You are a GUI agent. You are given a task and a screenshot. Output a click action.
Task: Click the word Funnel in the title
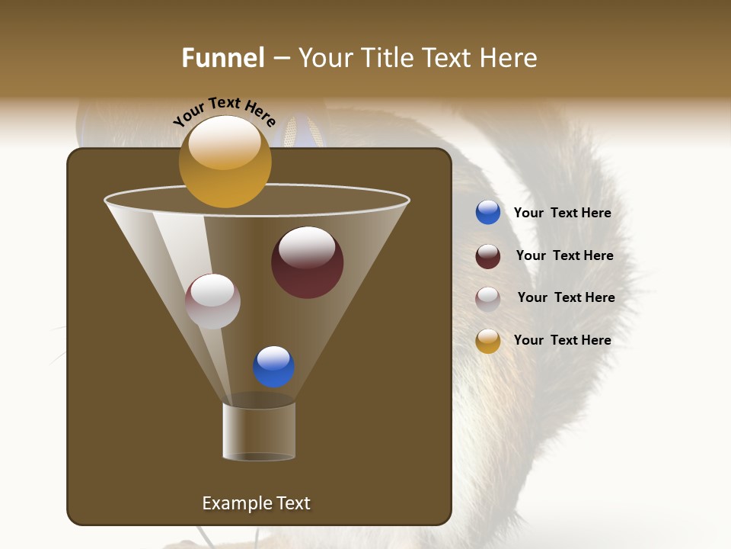[223, 58]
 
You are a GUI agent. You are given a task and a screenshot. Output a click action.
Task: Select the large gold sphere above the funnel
[225, 161]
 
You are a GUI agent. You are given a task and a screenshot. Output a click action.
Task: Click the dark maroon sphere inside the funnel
[307, 262]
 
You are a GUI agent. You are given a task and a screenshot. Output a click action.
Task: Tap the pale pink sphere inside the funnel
[212, 301]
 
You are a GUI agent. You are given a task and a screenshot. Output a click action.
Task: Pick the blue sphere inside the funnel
[273, 367]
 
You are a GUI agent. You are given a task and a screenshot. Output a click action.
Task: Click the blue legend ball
[488, 213]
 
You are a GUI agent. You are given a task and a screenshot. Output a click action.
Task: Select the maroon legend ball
[488, 256]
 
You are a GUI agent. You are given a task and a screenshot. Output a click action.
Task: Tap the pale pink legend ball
[488, 298]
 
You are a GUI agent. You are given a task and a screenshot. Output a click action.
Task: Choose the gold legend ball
[488, 341]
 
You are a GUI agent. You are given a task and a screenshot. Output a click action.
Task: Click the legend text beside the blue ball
[562, 213]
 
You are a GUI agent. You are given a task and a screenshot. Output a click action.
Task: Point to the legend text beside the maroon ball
[564, 256]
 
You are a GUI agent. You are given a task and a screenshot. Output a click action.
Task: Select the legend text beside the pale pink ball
[566, 298]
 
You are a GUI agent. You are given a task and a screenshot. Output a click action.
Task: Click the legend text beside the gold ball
[562, 341]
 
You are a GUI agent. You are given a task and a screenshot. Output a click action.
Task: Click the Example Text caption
[256, 503]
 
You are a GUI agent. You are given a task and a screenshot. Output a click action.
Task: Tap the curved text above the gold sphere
[224, 111]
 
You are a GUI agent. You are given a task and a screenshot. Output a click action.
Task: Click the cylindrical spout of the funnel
[259, 432]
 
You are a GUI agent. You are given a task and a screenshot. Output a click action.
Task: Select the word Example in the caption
[235, 503]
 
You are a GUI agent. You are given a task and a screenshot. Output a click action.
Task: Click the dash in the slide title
[281, 59]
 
